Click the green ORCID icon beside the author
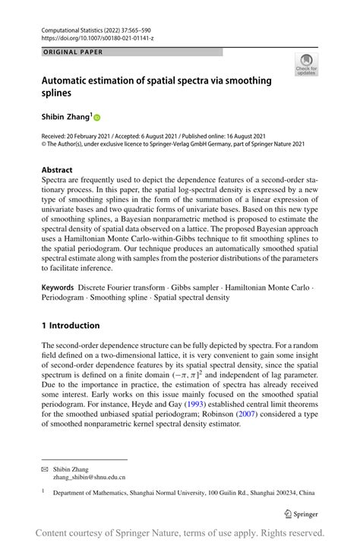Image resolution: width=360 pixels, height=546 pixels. coord(97,118)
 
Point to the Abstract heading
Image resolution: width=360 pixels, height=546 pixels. coord(57,170)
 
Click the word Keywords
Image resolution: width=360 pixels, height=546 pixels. coord(58,289)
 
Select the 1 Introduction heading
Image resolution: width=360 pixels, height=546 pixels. coord(71,326)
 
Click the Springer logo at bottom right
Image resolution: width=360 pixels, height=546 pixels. coord(301,513)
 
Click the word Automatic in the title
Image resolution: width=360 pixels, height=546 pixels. coord(68,80)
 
